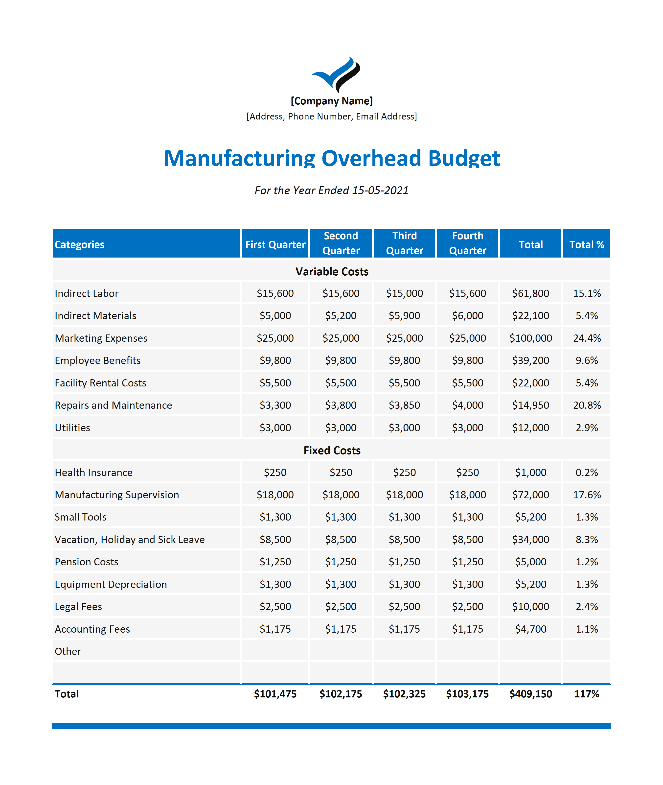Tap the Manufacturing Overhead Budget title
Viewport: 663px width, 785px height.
[x=331, y=158]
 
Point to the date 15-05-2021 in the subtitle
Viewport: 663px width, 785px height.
[x=380, y=190]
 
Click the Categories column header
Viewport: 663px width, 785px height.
[x=79, y=244]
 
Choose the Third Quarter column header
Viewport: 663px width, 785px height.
[x=404, y=243]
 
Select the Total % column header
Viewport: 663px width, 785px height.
[x=587, y=244]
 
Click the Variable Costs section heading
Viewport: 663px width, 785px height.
[x=332, y=271]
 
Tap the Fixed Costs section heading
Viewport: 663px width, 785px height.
[x=332, y=451]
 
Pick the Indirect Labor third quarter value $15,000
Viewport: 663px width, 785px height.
[x=404, y=293]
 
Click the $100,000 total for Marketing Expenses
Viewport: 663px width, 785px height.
[x=531, y=338]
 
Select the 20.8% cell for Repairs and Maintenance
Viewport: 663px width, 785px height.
[x=587, y=405]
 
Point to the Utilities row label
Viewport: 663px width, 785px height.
[x=72, y=428]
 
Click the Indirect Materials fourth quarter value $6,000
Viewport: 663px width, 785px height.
[x=468, y=315]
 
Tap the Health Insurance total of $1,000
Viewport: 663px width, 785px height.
[x=531, y=472]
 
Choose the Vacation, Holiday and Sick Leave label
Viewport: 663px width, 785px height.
[x=130, y=540]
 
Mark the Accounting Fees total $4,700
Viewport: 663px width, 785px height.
[x=531, y=629]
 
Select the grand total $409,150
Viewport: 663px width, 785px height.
[x=531, y=694]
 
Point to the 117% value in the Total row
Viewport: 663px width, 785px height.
[x=587, y=694]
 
